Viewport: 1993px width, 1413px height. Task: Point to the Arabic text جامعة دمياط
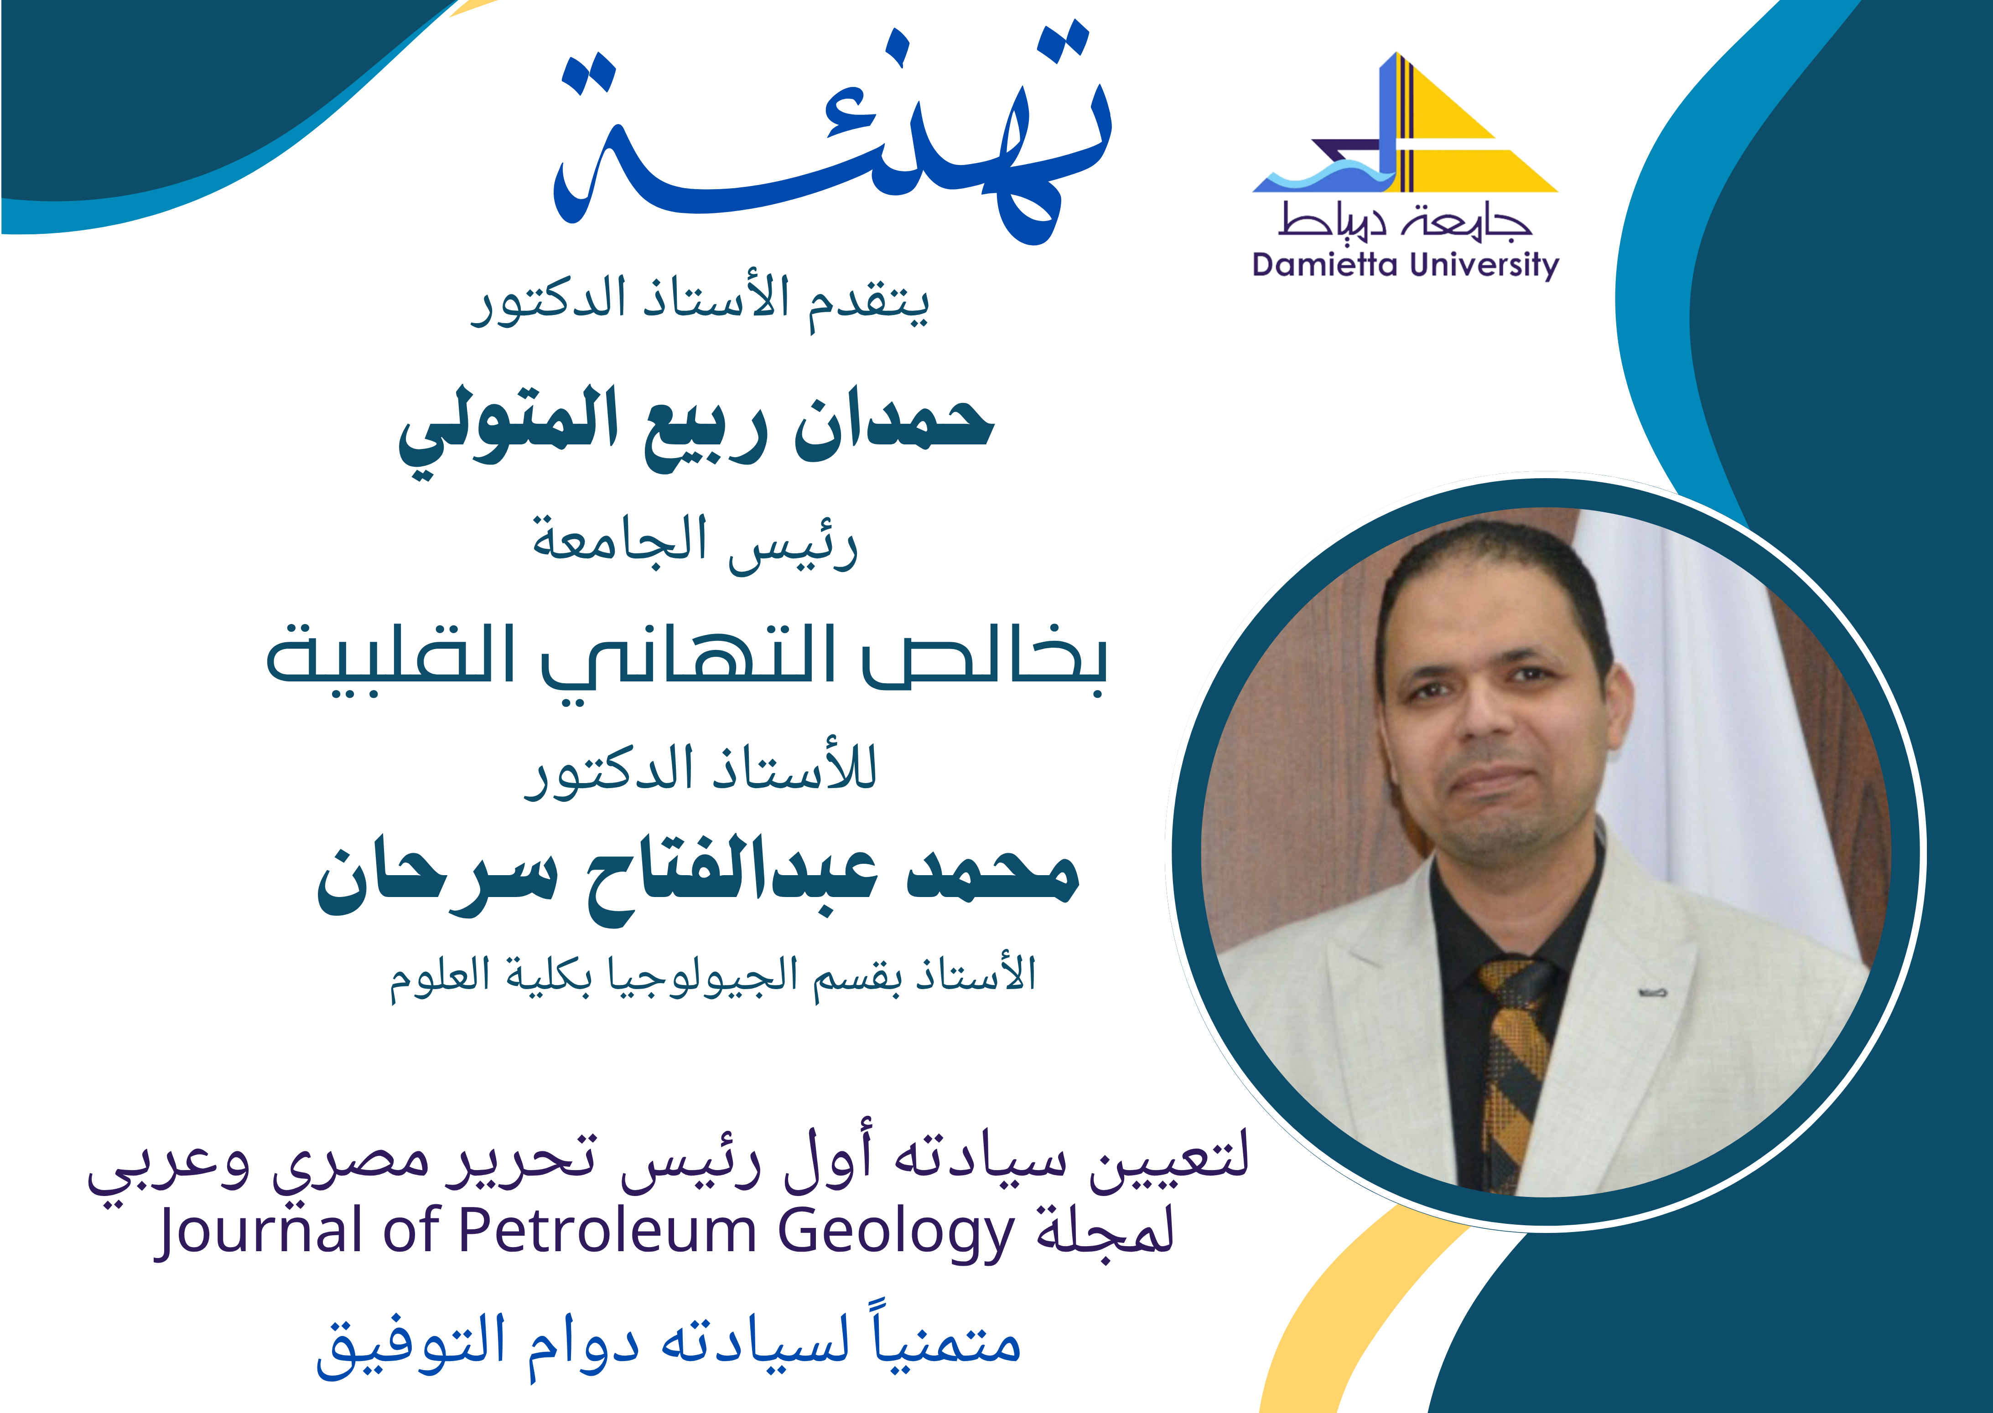coord(1405,221)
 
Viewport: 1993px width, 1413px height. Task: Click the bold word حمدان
coord(894,425)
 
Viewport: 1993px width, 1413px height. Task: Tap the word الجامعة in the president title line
coord(620,539)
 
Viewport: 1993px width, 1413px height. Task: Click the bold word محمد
coord(993,874)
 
